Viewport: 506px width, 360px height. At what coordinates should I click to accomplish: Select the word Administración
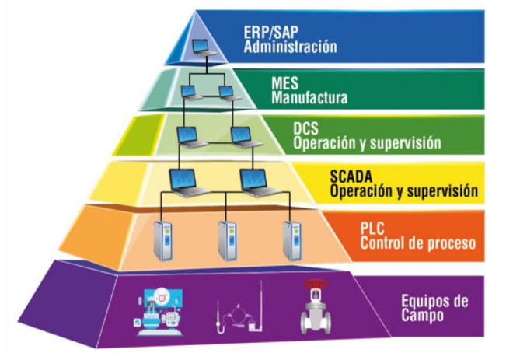click(290, 47)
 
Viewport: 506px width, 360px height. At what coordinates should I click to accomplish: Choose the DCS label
click(306, 130)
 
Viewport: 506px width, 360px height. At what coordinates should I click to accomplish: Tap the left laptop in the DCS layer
click(188, 137)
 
